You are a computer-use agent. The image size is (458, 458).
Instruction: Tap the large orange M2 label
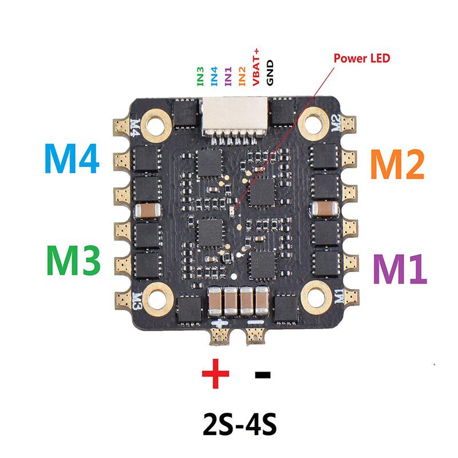coord(397,163)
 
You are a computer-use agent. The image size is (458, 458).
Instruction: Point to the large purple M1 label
coord(400,269)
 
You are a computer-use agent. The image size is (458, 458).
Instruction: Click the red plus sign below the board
coord(216,375)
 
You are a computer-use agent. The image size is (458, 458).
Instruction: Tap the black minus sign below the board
coord(262,376)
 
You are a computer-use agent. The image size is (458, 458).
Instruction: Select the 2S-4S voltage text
coord(239,424)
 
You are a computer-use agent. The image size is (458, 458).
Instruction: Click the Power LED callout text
coord(362,58)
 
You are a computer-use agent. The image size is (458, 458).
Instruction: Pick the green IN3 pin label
coord(200,76)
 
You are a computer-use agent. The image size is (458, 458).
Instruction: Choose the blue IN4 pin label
coord(214,76)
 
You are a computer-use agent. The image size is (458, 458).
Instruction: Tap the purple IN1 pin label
coord(228,76)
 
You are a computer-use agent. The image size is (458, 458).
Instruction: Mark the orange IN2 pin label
coord(242,76)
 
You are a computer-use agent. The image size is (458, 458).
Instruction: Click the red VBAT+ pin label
coord(256,69)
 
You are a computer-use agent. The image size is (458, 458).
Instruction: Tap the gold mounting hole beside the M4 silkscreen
coord(155,121)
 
